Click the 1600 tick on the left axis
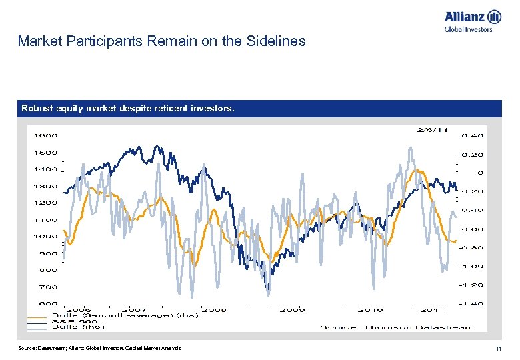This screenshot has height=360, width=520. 46,135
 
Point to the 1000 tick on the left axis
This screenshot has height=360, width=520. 46,236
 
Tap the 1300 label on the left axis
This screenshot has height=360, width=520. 46,186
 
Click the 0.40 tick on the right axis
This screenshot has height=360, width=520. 472,135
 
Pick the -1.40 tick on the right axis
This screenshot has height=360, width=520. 470,303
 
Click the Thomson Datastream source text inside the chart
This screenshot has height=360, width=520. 397,327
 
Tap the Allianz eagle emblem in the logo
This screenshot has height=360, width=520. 494,17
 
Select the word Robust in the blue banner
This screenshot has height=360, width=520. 39,108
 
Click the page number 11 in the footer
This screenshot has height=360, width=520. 497,349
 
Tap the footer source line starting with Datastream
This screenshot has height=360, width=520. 99,349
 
